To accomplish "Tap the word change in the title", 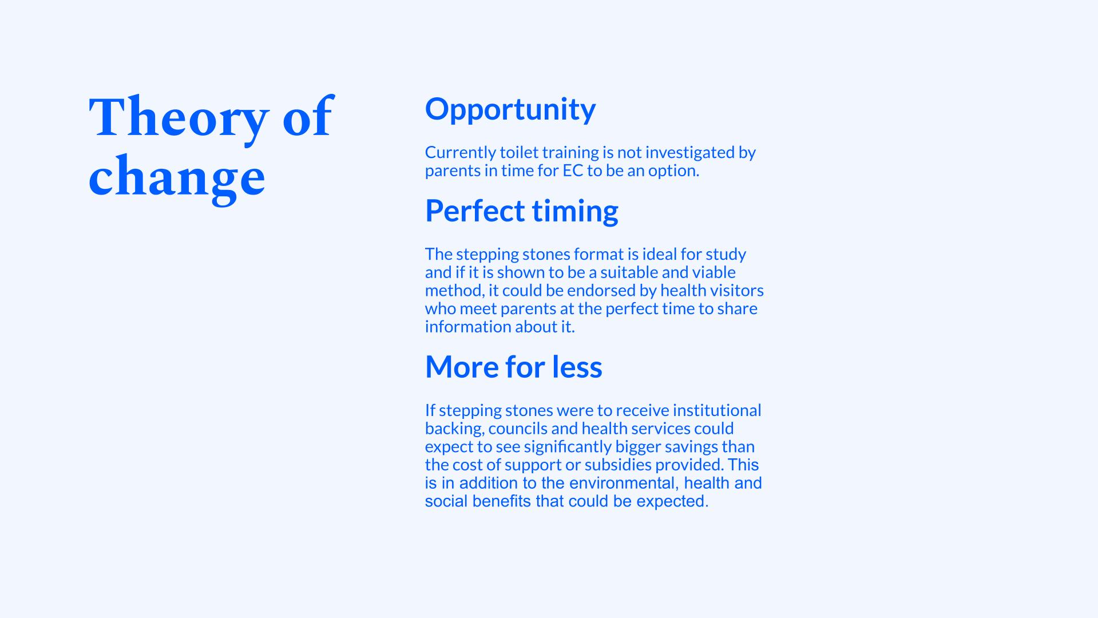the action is [177, 177].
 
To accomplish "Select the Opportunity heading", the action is [510, 110].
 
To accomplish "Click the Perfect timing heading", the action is [522, 211].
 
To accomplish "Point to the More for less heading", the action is [514, 367].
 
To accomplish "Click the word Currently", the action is [461, 153].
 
